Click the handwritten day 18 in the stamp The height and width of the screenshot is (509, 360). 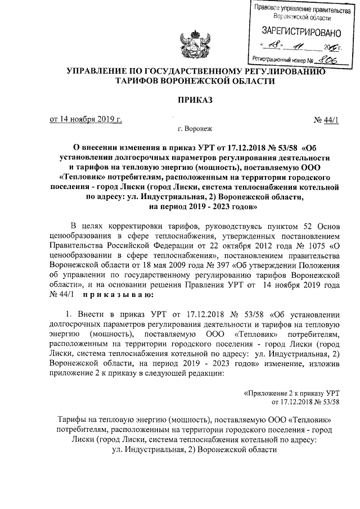pyautogui.click(x=274, y=46)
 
